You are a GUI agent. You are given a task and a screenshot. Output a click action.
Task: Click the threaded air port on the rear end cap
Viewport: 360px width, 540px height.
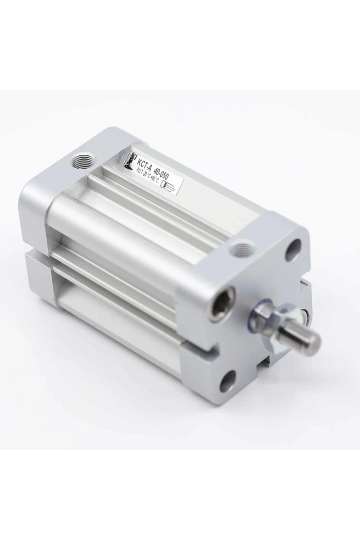point(80,161)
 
